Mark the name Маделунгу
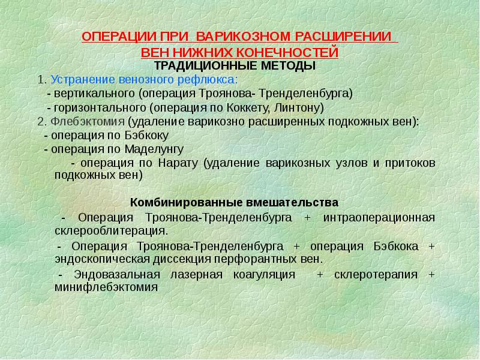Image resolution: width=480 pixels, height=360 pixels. (x=155, y=149)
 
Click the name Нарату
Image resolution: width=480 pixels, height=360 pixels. (x=178, y=163)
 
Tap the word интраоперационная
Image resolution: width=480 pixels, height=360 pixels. (x=379, y=217)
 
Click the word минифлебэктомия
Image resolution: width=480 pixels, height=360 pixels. (x=106, y=287)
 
